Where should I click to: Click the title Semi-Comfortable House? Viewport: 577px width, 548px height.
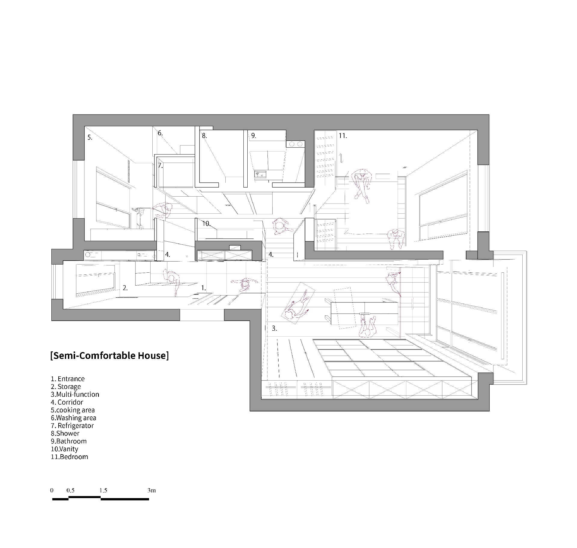point(110,356)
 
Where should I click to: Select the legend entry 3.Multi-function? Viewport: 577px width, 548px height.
point(75,394)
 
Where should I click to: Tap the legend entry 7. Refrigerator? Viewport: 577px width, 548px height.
point(72,426)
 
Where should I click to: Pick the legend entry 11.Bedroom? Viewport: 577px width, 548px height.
point(69,457)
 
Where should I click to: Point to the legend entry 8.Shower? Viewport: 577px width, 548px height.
point(65,433)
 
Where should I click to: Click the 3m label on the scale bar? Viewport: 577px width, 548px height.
point(152,490)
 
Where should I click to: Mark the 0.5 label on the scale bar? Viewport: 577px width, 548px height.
point(71,490)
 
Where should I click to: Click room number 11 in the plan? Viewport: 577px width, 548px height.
point(343,136)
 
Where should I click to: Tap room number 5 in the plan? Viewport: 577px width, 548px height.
point(90,137)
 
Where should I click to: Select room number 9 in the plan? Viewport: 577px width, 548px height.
point(253,136)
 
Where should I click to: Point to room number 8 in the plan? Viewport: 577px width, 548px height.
point(204,136)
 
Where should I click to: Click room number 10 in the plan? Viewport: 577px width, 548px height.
point(206,223)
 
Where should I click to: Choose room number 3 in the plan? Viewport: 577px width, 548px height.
point(274,328)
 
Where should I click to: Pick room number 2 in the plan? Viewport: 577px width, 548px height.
point(125,288)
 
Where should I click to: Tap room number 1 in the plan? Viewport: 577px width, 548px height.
point(203,288)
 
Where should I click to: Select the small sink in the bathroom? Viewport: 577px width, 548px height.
point(260,174)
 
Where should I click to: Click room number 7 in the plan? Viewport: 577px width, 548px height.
point(160,165)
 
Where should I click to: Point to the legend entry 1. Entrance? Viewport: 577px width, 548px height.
point(68,379)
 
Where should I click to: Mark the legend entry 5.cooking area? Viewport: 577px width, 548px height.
point(73,410)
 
